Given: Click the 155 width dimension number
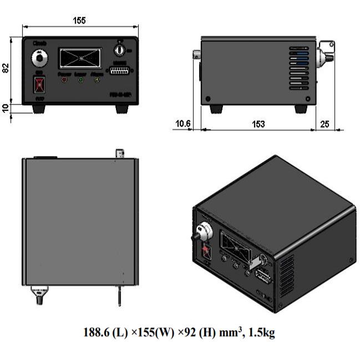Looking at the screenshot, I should pos(79,21).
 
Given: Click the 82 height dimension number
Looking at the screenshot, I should pos(7,68).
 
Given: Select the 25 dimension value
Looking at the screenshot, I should pos(325,123).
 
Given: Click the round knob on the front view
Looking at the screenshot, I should pos(40,57).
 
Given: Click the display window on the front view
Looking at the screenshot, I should pos(80,57).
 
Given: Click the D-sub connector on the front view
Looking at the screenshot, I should pos(117,72).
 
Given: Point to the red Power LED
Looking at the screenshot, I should pos(65,79).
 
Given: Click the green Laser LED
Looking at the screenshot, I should pos(81,79).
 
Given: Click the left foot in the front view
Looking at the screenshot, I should pos(39,109).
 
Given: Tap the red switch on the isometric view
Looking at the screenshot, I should pos(207,250).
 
